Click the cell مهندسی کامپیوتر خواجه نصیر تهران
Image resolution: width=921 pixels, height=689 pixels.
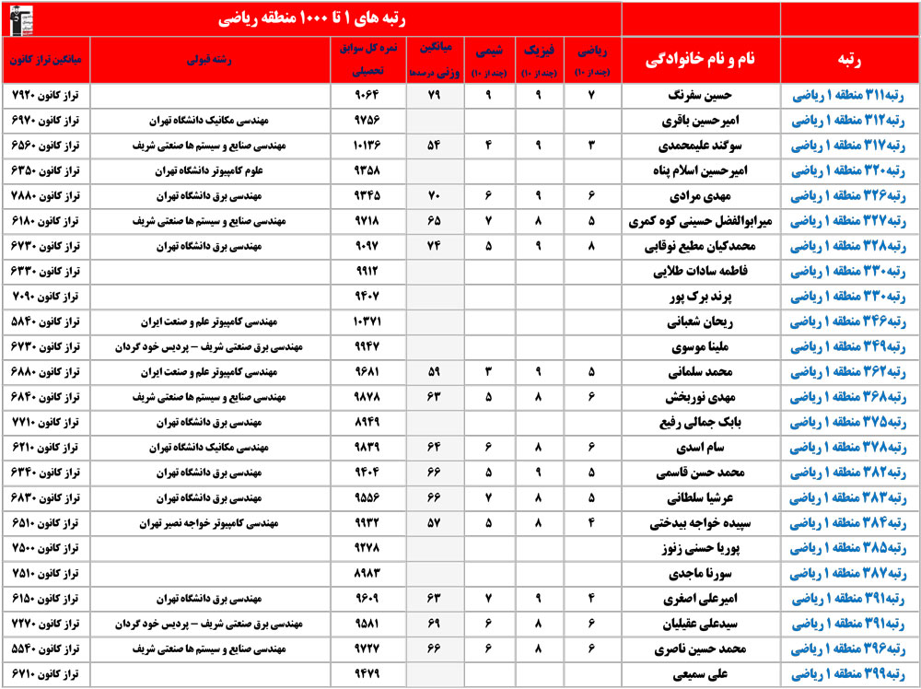pyautogui.click(x=204, y=523)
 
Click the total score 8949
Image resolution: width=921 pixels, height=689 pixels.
pyautogui.click(x=367, y=423)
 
